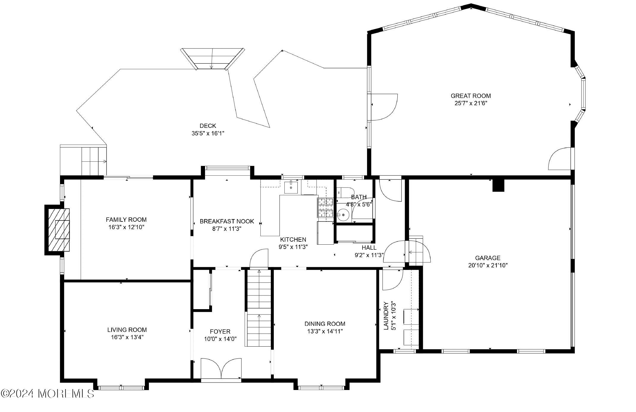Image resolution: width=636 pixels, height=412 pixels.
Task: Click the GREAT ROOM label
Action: (x=471, y=96)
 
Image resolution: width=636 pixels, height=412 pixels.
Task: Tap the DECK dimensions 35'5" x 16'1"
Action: (x=208, y=133)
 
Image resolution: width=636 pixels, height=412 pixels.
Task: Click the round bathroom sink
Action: (x=344, y=214)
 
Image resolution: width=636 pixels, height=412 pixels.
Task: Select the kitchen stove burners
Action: (x=325, y=207)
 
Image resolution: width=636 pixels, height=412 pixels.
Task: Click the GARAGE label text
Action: (x=487, y=258)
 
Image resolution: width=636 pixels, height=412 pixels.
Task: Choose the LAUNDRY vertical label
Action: (x=386, y=316)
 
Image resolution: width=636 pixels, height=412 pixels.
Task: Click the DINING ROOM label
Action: (x=325, y=324)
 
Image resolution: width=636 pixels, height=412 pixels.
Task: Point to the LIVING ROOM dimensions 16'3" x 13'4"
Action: (x=127, y=337)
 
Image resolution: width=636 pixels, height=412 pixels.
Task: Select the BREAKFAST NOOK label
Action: (x=227, y=221)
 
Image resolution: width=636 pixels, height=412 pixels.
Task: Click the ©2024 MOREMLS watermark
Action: (x=48, y=394)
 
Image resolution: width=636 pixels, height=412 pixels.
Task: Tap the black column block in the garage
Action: (x=498, y=186)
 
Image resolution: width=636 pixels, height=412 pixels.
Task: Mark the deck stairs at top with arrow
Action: (x=212, y=59)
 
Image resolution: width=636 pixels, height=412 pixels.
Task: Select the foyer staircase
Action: (x=259, y=308)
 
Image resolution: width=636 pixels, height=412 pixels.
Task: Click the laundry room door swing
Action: (x=392, y=279)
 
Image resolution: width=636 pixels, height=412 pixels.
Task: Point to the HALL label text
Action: (x=369, y=247)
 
